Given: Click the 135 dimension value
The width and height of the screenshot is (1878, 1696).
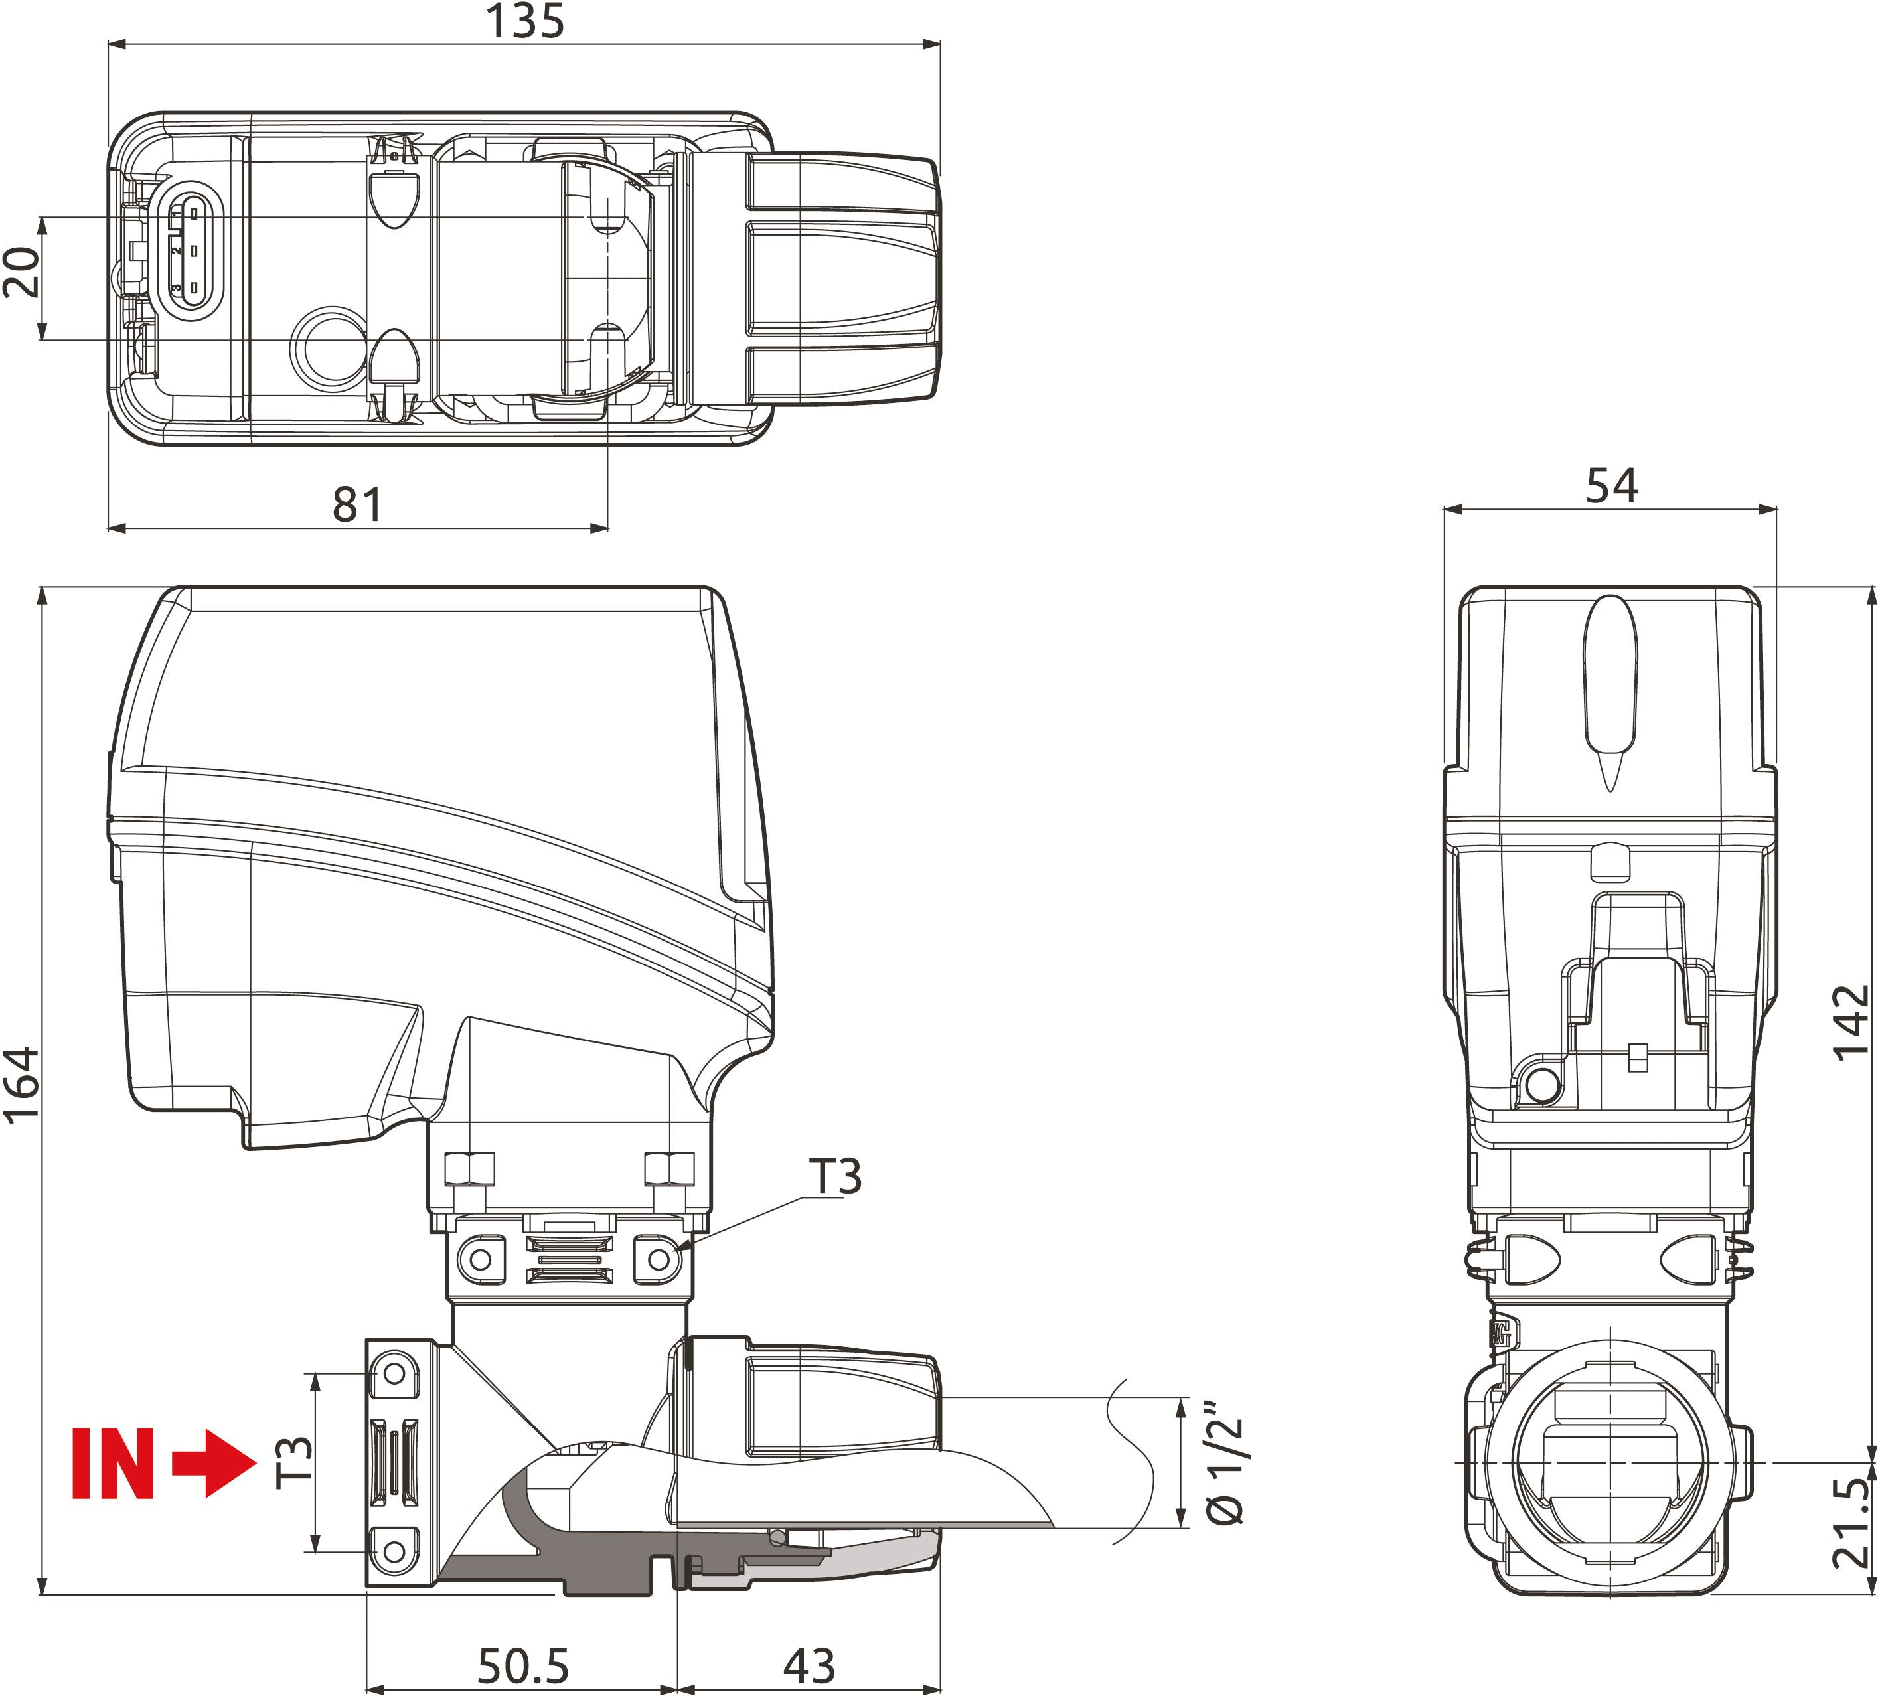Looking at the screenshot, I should (524, 21).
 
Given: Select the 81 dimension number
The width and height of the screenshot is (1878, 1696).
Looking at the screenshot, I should (358, 504).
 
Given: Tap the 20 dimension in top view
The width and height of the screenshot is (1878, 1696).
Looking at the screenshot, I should (21, 272).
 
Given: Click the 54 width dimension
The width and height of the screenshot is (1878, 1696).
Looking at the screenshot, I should (1610, 486).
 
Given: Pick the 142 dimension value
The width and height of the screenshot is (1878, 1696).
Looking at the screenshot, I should (1850, 1023).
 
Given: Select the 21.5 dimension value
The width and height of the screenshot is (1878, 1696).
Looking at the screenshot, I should (1850, 1523).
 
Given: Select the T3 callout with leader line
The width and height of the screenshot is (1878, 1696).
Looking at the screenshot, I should (836, 1177).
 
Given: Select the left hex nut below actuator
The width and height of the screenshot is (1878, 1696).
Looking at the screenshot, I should (469, 1169).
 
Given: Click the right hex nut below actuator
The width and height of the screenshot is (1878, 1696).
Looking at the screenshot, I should (669, 1169).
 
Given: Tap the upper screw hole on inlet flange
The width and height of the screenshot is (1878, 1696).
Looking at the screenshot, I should (394, 1374).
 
